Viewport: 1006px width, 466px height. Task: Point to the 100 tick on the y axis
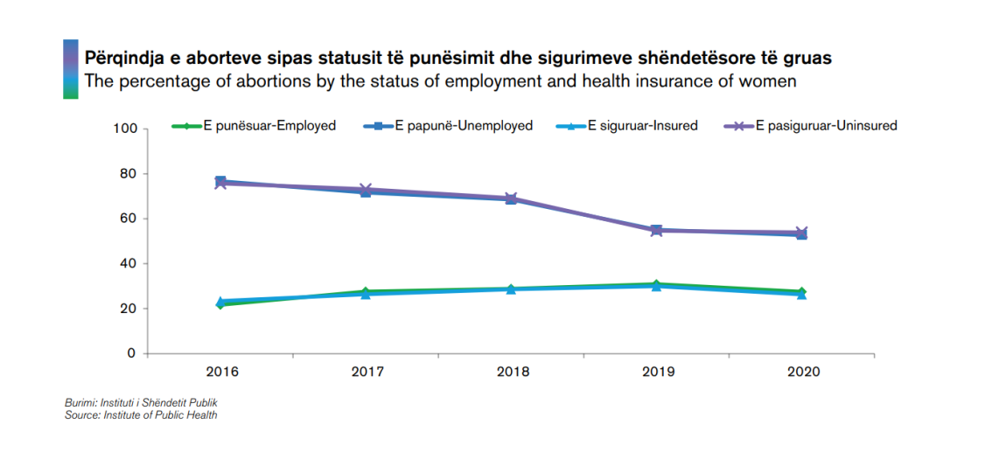(x=126, y=129)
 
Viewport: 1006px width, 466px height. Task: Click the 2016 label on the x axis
(x=221, y=372)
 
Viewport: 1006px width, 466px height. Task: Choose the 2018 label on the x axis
(x=513, y=372)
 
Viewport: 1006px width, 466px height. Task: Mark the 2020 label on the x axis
(x=803, y=372)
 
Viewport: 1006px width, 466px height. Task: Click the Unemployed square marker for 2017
(x=367, y=191)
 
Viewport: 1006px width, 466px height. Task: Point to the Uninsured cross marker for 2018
(x=512, y=198)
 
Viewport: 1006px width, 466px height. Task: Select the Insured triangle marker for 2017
(x=367, y=295)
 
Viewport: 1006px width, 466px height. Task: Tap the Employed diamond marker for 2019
(x=658, y=284)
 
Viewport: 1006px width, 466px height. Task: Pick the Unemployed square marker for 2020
(x=803, y=234)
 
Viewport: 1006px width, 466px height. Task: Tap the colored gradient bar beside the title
(x=71, y=69)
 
